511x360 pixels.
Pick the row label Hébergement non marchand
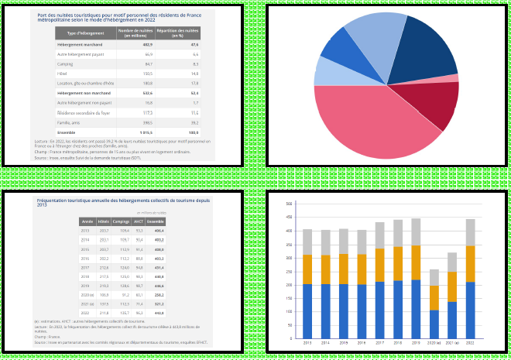pos(81,93)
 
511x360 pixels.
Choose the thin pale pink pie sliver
pos(449,78)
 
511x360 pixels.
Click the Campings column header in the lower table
pos(121,221)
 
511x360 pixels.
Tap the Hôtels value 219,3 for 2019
pos(104,285)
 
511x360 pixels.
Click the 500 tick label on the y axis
pos(289,204)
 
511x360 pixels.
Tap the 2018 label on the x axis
pos(398,342)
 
